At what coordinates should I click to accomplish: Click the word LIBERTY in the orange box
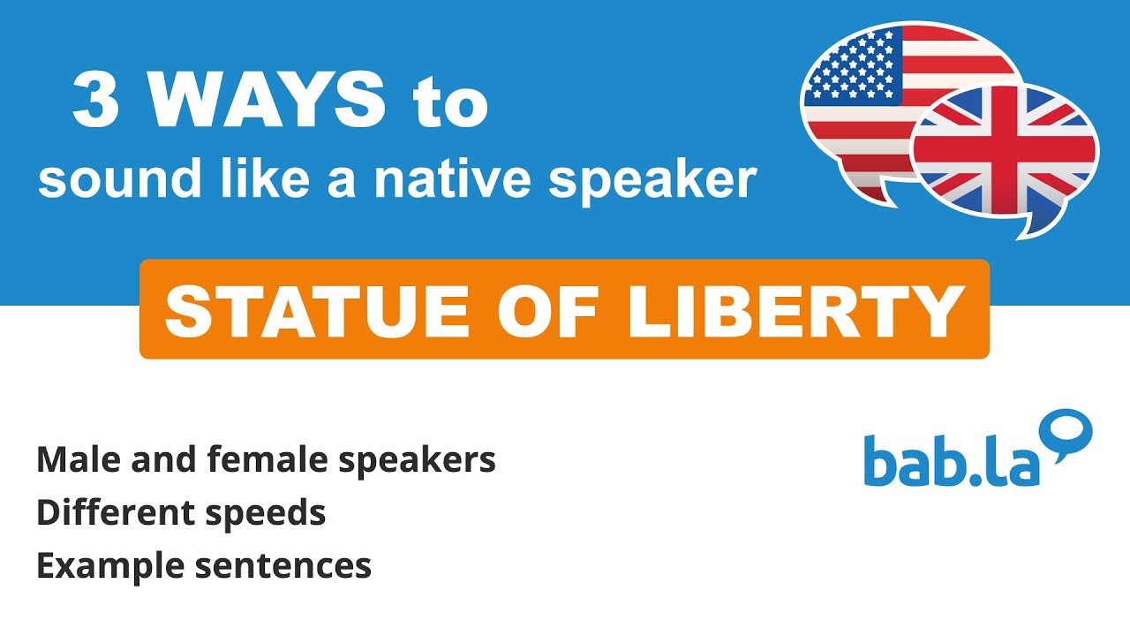click(x=795, y=311)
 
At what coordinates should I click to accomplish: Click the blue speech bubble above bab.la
click(x=1067, y=433)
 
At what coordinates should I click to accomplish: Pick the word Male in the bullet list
click(x=74, y=459)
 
